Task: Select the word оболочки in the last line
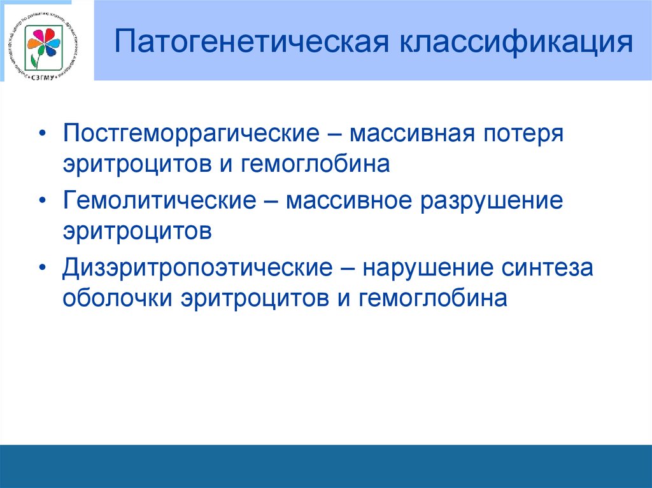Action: point(117,298)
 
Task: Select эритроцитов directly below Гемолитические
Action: point(136,231)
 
